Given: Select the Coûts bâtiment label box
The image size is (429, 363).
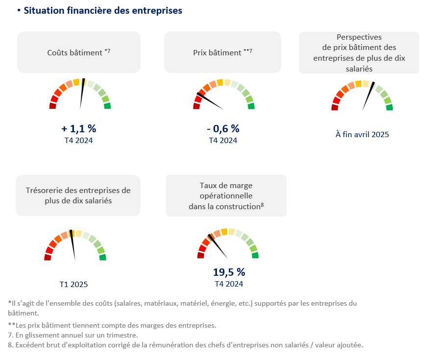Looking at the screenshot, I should coord(79,52).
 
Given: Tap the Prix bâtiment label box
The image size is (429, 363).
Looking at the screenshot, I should coord(222,52).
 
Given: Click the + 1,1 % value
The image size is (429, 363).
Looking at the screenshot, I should coord(79,128).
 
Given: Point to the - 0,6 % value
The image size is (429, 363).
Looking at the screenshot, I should coord(223,128).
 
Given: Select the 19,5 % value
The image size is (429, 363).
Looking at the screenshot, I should coord(229,272).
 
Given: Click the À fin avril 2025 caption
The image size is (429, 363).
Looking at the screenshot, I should coord(362,134).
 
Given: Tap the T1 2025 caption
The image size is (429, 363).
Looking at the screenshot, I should coord(74,284).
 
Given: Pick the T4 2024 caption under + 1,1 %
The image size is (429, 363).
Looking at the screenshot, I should coord(79,141).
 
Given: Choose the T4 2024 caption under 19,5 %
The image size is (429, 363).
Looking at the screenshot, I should coord(229,284).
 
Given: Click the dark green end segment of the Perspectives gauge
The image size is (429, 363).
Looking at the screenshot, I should coord(389,107).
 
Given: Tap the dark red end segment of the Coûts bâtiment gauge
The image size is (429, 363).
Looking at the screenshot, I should coord(52,106).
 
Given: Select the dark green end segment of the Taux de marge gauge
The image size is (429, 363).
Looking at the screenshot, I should coord(255,255).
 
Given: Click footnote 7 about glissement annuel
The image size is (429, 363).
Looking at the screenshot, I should coord(73,335).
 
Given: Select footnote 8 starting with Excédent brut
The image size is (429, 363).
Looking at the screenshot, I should coord(186,345).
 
